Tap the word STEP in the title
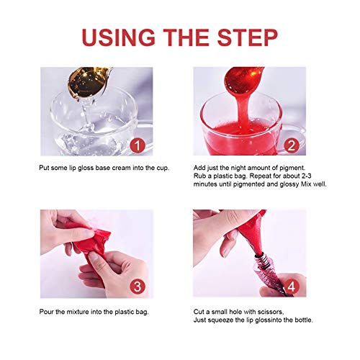(248, 37)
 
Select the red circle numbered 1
(138, 145)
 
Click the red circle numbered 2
(292, 145)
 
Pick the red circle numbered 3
(138, 287)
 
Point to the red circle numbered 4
(292, 287)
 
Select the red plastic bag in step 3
(89, 247)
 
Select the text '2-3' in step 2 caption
(306, 176)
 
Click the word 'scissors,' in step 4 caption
(271, 312)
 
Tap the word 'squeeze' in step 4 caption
(221, 320)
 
